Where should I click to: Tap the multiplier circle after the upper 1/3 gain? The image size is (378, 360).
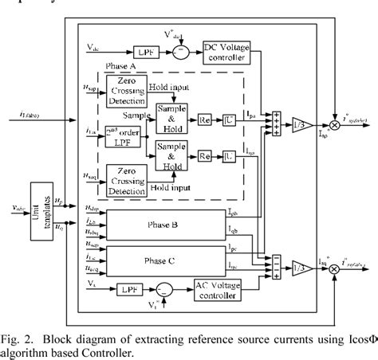[334, 122]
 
